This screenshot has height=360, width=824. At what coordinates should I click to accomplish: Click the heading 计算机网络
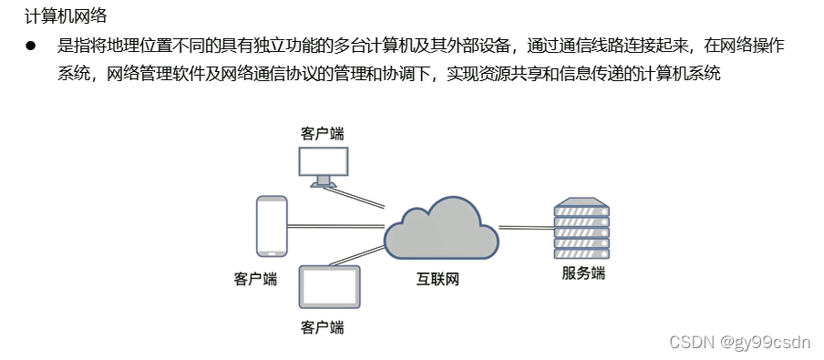pos(67,16)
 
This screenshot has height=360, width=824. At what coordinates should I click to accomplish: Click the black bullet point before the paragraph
pos(30,46)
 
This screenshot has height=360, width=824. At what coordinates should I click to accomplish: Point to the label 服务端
pos(582,273)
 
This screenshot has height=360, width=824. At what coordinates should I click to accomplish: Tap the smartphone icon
pos(271,227)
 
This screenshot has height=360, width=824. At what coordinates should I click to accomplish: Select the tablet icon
pos(330,287)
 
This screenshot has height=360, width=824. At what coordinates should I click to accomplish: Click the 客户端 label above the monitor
pos(323,133)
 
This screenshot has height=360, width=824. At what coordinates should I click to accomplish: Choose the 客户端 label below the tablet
pos(323,326)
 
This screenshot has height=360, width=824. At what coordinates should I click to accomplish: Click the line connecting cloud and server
pos(526,227)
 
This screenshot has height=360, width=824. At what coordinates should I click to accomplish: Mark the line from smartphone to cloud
pos(335,226)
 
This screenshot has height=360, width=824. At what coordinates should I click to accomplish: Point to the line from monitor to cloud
pos(360,197)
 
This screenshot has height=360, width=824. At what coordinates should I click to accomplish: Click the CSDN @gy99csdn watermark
pos(739,342)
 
